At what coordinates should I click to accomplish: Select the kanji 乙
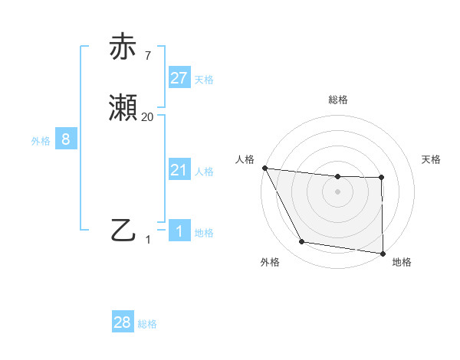124,230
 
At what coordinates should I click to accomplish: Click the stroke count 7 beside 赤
147,56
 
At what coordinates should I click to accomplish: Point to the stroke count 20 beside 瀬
147,116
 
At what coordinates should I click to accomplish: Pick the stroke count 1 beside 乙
148,239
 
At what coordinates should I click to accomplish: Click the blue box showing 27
179,77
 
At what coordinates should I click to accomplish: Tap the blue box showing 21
179,170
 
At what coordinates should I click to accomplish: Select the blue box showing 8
66,139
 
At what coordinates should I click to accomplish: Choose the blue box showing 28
123,322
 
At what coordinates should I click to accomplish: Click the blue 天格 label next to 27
204,79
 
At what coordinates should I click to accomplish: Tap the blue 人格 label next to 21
204,172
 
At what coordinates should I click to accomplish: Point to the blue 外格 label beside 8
41,141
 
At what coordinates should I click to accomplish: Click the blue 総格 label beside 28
147,324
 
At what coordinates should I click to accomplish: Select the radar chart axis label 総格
338,100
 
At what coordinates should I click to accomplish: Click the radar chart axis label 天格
432,159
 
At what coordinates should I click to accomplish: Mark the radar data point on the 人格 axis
264,168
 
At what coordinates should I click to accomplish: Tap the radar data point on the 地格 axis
382,253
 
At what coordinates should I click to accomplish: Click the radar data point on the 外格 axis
302,242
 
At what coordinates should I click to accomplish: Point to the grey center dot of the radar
337,191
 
